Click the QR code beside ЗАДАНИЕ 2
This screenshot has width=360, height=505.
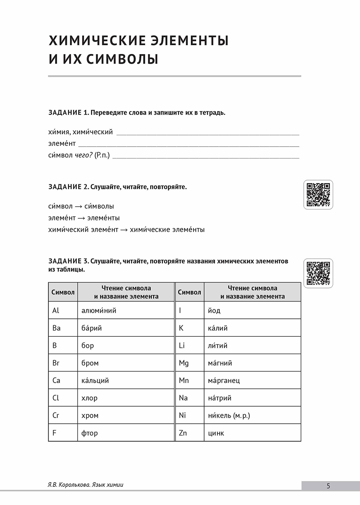(x=318, y=195)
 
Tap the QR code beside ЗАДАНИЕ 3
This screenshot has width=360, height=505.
(x=318, y=273)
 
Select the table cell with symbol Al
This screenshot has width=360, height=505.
(x=56, y=310)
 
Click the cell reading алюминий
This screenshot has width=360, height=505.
(x=99, y=310)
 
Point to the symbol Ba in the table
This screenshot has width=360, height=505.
(x=56, y=328)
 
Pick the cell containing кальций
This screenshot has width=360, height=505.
(x=95, y=380)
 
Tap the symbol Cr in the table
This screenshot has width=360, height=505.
(x=56, y=415)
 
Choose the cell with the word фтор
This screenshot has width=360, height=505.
(x=90, y=433)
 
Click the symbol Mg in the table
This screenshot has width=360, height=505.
(x=184, y=363)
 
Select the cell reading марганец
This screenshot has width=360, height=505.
(x=224, y=380)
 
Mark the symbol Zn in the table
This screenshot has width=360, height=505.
(x=183, y=433)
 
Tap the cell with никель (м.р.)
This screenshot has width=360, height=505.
(x=229, y=415)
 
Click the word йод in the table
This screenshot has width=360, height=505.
(x=214, y=310)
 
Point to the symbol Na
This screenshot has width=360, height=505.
(x=183, y=398)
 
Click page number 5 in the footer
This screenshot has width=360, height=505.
(x=328, y=486)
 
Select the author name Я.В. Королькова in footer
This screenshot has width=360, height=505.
(x=68, y=484)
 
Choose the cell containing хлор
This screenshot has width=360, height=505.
(x=89, y=398)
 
